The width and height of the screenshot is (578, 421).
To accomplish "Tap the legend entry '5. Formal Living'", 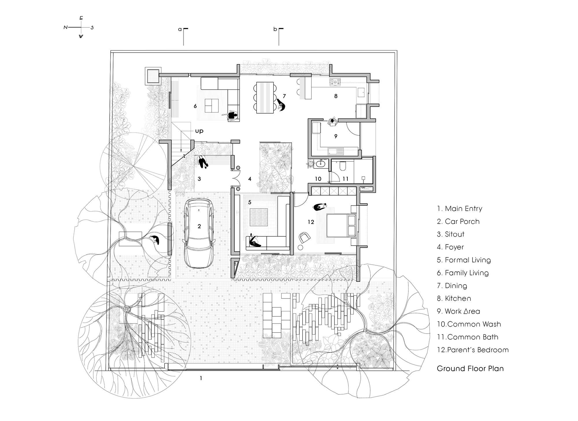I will click(464, 260).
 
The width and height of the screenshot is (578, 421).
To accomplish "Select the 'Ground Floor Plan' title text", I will click(470, 368).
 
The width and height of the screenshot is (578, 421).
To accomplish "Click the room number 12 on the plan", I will click(311, 222).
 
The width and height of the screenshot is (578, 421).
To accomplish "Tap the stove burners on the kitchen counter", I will click(335, 82).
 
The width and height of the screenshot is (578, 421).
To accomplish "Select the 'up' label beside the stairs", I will click(199, 131).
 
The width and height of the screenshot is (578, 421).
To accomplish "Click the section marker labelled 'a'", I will click(180, 29).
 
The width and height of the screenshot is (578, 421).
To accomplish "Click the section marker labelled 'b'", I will click(275, 29).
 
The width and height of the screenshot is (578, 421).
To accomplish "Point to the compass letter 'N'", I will click(66, 27).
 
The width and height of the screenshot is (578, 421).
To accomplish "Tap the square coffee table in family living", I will click(212, 105).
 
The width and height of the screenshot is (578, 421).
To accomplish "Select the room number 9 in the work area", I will click(336, 136).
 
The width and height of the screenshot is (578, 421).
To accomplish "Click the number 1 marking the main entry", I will click(201, 378).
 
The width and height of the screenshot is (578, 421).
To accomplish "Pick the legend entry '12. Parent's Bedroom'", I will click(473, 350).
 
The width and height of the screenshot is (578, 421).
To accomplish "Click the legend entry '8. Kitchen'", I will click(454, 298).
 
